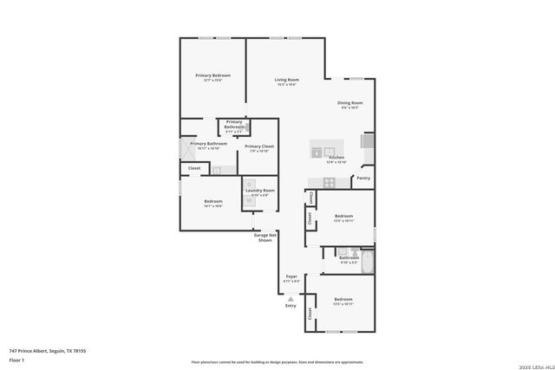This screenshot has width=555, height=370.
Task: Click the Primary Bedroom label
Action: coord(212,75)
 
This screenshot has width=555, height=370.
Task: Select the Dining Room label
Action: coord(350,103)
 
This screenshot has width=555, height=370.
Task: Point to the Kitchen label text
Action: coord(336,158)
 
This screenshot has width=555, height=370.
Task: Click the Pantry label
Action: coord(362,179)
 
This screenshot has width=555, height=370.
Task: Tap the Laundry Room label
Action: coord(260,190)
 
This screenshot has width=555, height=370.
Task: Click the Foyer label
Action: coord(292,276)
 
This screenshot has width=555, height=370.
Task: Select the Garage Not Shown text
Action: coord(265,237)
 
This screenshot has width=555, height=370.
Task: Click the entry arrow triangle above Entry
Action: coord(291,298)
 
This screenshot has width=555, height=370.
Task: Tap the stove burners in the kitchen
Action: coord(329,182)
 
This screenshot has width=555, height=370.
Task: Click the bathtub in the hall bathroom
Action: coord(366,261)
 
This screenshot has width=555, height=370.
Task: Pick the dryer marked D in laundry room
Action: coord(250,184)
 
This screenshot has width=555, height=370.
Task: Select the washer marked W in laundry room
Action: coord(250,199)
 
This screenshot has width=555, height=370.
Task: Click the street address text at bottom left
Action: coord(47,350)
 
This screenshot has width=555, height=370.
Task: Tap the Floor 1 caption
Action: coord(16,359)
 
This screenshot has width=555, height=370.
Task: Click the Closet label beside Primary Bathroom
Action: coord(194,168)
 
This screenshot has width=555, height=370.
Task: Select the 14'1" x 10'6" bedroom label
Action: coord(213,201)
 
